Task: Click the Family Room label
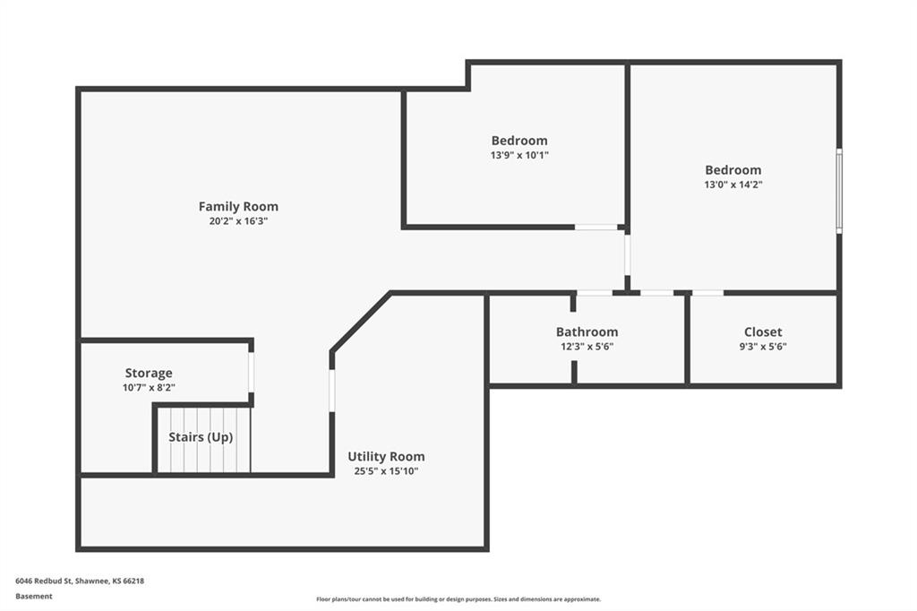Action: tap(238, 206)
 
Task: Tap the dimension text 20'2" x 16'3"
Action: tap(238, 221)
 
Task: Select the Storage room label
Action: tap(149, 373)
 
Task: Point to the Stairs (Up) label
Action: tap(201, 436)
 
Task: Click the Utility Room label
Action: tap(386, 457)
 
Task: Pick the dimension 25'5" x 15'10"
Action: tap(386, 471)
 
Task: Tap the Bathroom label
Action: tap(587, 331)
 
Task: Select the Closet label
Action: tap(763, 331)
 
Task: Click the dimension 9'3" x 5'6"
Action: tap(763, 347)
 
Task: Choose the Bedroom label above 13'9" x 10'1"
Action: tap(519, 141)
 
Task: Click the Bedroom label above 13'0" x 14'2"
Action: tap(733, 169)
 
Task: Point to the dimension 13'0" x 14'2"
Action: tap(733, 185)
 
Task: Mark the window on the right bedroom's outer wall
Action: tap(839, 191)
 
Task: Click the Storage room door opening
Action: tap(252, 372)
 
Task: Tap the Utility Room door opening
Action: tap(331, 391)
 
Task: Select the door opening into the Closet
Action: tap(707, 293)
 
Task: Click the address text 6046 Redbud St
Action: tap(43, 581)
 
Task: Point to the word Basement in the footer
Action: tap(34, 597)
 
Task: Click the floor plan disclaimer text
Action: tap(458, 599)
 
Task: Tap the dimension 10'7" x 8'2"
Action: tap(149, 387)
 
